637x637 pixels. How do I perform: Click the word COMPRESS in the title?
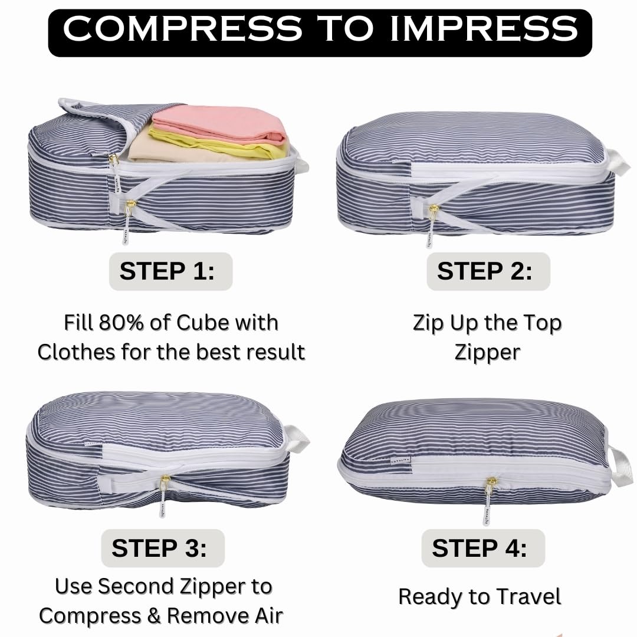pos(183,29)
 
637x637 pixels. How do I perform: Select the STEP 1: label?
pos(168,271)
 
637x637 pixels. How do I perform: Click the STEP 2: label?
pos(484,271)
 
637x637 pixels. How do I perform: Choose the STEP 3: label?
pos(159,548)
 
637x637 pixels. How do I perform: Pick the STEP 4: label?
pos(480,548)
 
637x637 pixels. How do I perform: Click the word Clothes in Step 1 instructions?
pos(76,352)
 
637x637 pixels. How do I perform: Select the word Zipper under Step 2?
pos(487,352)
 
